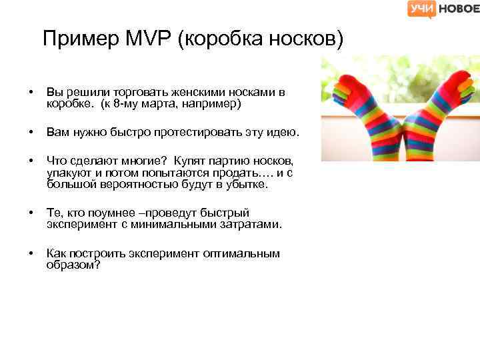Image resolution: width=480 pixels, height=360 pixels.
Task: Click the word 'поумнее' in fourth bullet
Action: pos(104,213)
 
